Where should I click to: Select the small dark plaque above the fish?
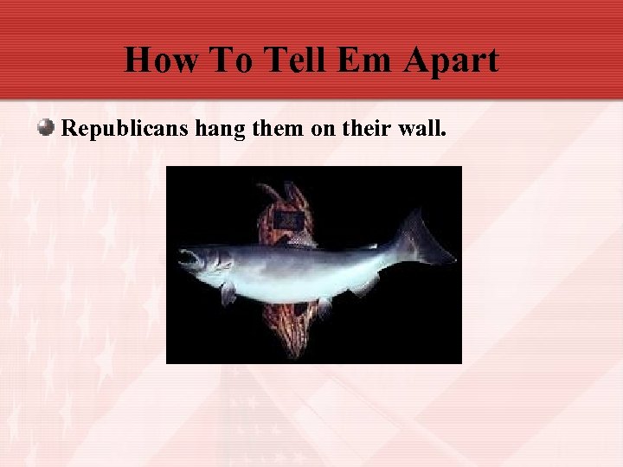pos(288,221)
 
